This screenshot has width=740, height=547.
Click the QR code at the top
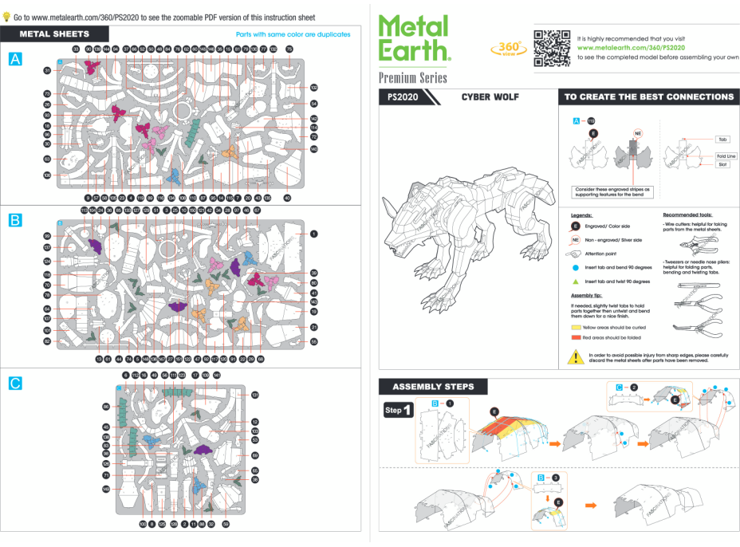pos(552,48)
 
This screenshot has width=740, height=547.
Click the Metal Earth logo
pos(414,38)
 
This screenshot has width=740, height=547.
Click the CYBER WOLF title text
pos(490,97)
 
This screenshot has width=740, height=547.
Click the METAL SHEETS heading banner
pos(54,34)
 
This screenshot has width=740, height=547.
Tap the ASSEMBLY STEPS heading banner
pos(433,387)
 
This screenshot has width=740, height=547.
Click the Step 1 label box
pos(398,411)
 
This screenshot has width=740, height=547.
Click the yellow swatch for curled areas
pos(576,327)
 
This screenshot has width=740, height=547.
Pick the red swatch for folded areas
pos(576,338)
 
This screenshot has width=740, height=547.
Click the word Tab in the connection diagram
pos(722,139)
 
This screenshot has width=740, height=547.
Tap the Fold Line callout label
pos(726,156)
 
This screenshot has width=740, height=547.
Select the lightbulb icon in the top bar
pos(6,17)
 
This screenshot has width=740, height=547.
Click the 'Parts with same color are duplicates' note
pos(293,35)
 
